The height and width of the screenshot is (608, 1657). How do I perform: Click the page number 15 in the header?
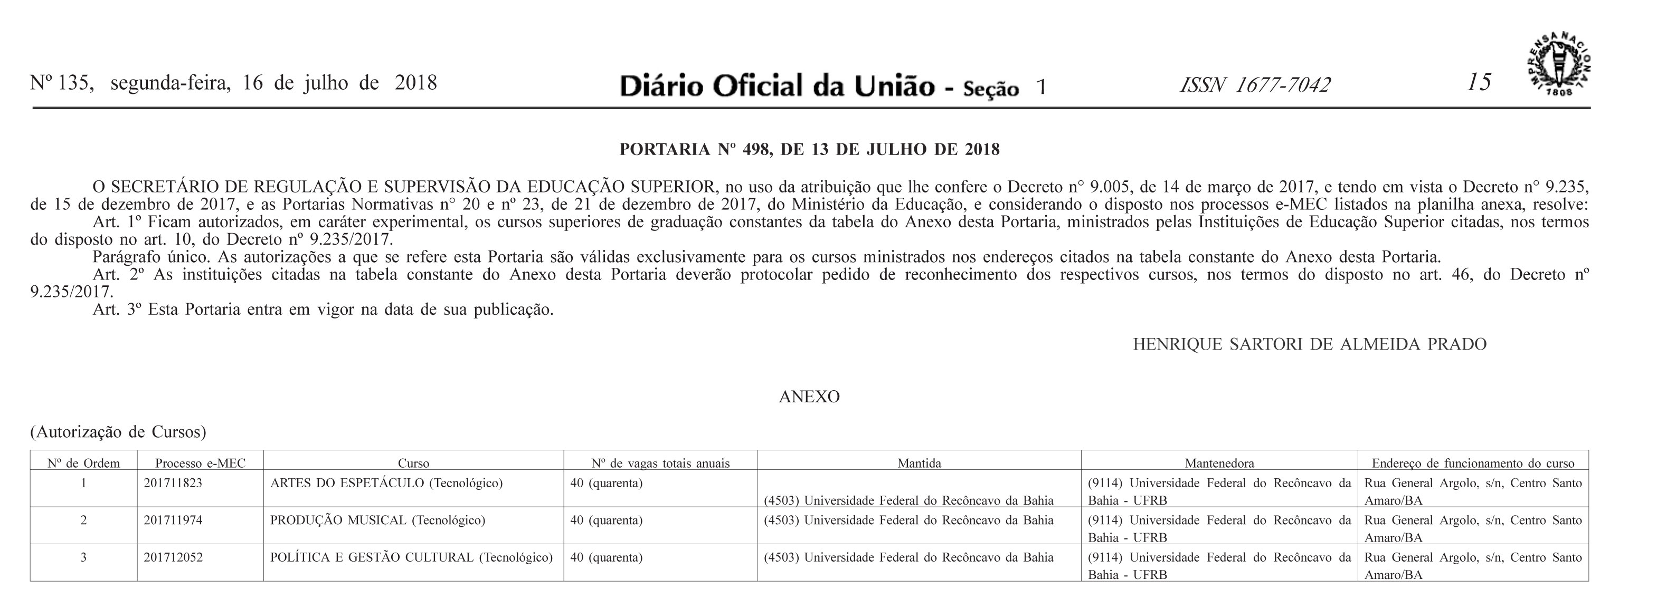(x=1478, y=83)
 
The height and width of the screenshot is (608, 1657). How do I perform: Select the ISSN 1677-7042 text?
(x=1254, y=85)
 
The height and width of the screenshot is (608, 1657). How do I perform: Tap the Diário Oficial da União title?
(x=777, y=86)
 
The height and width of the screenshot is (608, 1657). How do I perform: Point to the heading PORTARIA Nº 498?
(x=809, y=150)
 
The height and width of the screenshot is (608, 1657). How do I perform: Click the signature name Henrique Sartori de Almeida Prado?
(x=1309, y=344)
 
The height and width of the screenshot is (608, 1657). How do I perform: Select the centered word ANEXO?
(x=809, y=397)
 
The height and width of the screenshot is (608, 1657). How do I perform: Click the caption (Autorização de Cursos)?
(x=118, y=432)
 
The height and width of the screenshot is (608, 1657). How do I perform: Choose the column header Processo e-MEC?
(x=200, y=463)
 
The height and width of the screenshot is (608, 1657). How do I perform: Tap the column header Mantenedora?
(x=1219, y=463)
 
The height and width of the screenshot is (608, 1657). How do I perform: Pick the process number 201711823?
(x=173, y=482)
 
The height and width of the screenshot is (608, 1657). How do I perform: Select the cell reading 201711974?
(x=173, y=520)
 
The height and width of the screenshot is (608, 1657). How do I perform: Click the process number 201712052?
(x=173, y=557)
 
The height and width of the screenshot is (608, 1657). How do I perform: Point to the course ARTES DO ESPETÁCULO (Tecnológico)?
(x=386, y=482)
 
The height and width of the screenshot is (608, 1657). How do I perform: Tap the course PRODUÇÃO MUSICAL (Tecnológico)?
(x=377, y=520)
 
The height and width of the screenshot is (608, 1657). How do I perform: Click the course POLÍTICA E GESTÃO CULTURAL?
(x=411, y=557)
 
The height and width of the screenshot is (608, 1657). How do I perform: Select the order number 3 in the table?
(x=83, y=557)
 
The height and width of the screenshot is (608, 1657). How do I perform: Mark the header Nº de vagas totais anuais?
(x=660, y=463)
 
